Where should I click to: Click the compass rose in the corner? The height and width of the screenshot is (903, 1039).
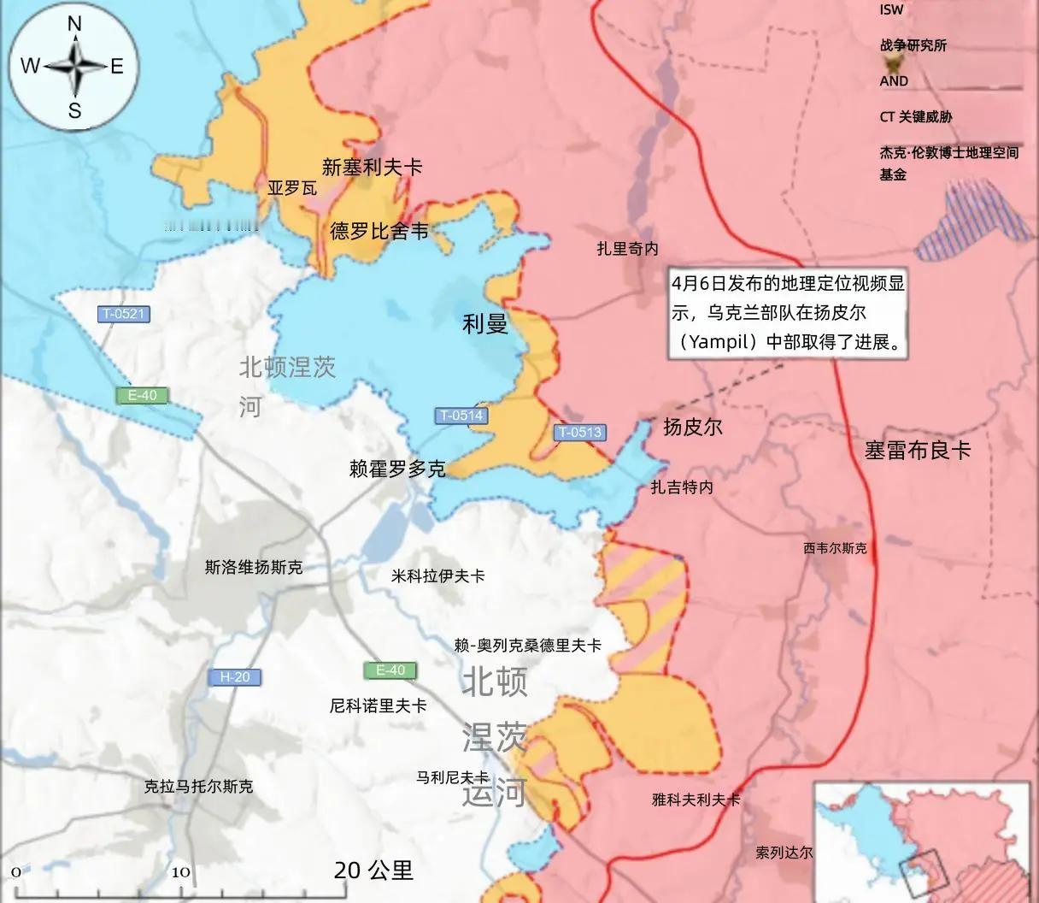74,66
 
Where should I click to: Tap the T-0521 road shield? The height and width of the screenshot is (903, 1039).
123,314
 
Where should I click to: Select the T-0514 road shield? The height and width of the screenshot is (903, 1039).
461,416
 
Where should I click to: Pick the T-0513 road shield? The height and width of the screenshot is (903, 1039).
580,432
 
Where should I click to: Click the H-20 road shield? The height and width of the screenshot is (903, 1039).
235,677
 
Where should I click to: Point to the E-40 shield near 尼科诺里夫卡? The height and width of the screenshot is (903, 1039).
390,670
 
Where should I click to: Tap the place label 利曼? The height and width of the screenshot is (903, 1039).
485,323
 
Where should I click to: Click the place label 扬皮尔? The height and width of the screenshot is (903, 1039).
693,426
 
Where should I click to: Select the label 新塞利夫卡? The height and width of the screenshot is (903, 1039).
372,167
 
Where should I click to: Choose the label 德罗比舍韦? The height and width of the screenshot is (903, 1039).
379,231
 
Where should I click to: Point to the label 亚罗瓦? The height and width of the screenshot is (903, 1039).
292,187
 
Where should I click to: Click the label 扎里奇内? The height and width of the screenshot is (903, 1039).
628,249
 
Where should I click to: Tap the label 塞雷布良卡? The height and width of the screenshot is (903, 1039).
918,450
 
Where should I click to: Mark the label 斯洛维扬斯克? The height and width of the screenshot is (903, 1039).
254,567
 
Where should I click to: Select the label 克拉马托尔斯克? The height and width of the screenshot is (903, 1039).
198,786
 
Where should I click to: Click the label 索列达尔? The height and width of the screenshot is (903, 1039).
784,853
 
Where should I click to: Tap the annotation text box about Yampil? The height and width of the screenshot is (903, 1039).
787,313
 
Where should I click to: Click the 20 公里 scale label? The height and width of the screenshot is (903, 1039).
373,871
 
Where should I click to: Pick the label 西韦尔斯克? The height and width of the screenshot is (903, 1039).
835,548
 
